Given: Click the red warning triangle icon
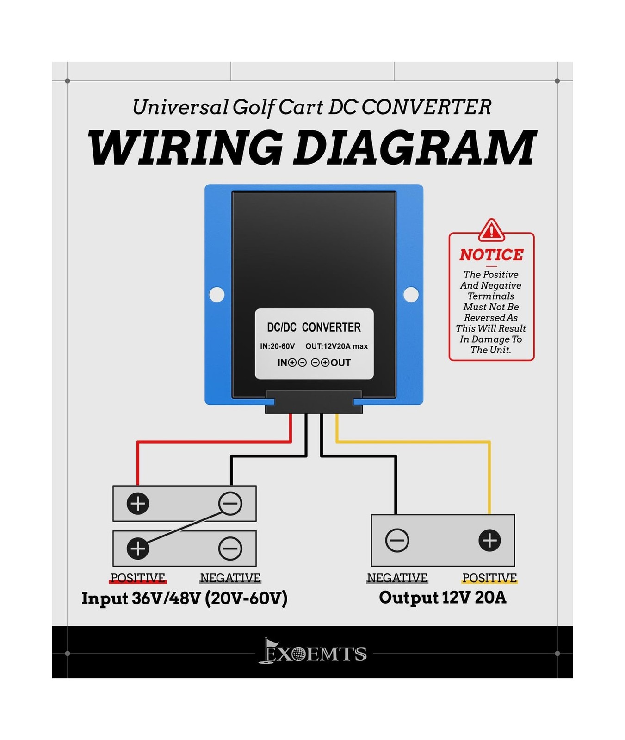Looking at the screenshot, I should (x=491, y=230).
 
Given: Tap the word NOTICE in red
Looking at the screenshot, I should (x=491, y=254).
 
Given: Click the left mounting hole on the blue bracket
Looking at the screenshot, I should (x=217, y=295).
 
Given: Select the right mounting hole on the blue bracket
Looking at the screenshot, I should (x=411, y=295).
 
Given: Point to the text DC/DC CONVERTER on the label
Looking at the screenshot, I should (x=314, y=327).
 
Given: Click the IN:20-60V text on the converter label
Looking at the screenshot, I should (x=277, y=346).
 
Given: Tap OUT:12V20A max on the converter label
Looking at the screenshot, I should (x=336, y=346).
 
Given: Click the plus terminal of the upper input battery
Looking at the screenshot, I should (x=138, y=503).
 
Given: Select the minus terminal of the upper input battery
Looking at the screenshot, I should (x=230, y=503).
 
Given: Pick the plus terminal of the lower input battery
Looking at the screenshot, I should (x=138, y=548).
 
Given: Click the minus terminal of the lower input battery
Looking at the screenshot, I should (x=230, y=548).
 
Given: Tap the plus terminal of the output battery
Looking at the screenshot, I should (x=489, y=540).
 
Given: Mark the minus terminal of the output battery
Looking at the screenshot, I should (x=397, y=540).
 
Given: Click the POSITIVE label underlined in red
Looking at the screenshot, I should (x=138, y=578).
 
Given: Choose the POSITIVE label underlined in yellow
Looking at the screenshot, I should (x=489, y=578).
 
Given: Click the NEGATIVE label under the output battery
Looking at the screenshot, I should (x=397, y=578).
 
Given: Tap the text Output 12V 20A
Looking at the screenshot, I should (x=442, y=597).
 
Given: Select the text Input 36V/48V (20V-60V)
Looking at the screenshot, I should (x=184, y=598).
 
